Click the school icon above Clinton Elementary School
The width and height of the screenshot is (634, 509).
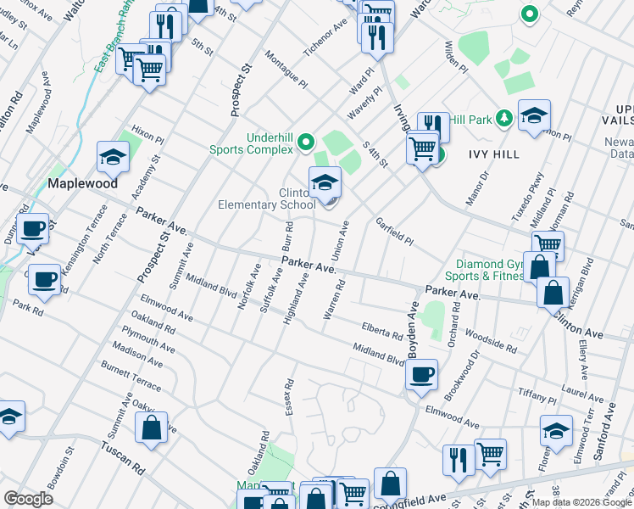tap(325, 182)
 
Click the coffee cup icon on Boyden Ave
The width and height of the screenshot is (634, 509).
tap(421, 372)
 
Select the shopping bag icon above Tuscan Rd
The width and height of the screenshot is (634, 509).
tap(151, 428)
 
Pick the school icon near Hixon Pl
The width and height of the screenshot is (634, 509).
tap(113, 156)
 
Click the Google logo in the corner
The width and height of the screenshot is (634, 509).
tap(28, 499)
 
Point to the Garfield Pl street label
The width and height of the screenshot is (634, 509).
tap(395, 232)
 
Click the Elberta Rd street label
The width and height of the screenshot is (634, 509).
tap(381, 330)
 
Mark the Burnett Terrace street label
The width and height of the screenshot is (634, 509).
tap(131, 374)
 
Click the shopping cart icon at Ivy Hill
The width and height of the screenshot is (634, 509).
tap(421, 148)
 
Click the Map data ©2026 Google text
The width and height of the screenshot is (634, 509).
tap(581, 502)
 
